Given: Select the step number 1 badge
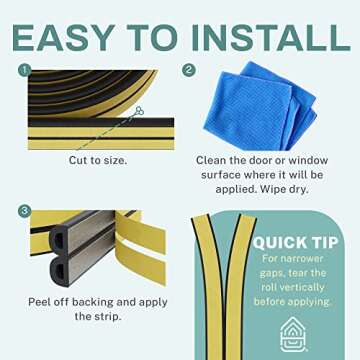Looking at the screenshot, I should pos(23,70).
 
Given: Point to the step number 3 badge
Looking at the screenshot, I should pos(23,212).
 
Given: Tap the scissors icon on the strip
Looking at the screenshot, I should pos(138,111).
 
